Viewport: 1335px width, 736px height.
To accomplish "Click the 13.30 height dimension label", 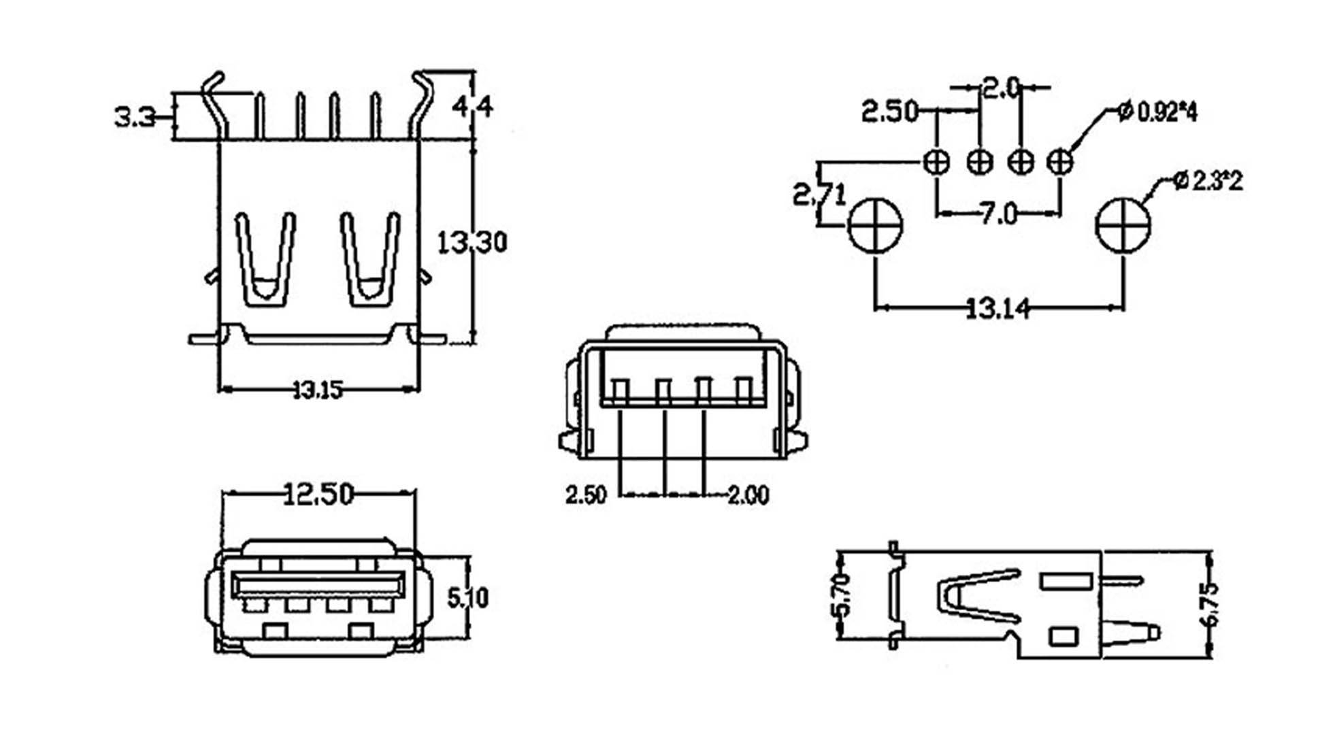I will [x=471, y=242].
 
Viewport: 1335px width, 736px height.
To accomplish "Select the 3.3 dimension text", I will [x=135, y=118].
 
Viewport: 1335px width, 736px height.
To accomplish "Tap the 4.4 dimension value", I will [x=472, y=107].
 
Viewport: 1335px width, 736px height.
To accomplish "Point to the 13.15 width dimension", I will [x=317, y=390].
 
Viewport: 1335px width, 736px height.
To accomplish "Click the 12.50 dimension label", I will [x=318, y=495].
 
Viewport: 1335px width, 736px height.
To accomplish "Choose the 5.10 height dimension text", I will [x=467, y=598].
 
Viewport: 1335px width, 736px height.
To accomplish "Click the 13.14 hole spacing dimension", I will [x=998, y=310].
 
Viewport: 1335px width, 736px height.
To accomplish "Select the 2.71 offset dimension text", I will [x=819, y=196].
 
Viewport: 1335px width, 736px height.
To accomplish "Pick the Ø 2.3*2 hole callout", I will [x=1208, y=181].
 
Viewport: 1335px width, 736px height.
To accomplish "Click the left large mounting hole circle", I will [x=875, y=226].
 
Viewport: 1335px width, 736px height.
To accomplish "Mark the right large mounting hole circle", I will [x=1123, y=226].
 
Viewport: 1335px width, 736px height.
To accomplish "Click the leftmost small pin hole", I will [x=936, y=162].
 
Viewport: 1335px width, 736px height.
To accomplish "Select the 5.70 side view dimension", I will [x=841, y=595].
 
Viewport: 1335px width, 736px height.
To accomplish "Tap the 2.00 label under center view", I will [x=748, y=495].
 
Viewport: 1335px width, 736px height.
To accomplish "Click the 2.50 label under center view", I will [x=585, y=495].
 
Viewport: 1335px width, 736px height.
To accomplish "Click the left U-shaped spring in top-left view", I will [x=265, y=258].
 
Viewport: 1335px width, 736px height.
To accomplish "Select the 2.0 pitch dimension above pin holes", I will [x=1000, y=88].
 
